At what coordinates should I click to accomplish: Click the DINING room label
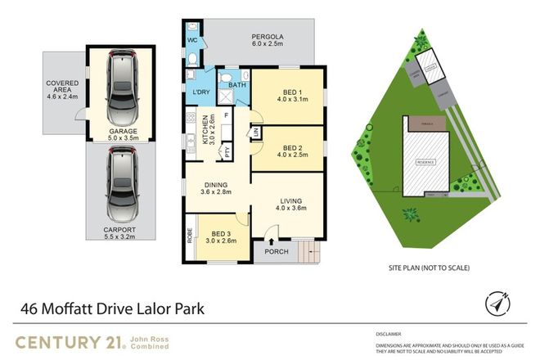(217, 187)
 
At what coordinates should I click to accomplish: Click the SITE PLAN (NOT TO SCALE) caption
(428, 267)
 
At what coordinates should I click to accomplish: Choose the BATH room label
(236, 84)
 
